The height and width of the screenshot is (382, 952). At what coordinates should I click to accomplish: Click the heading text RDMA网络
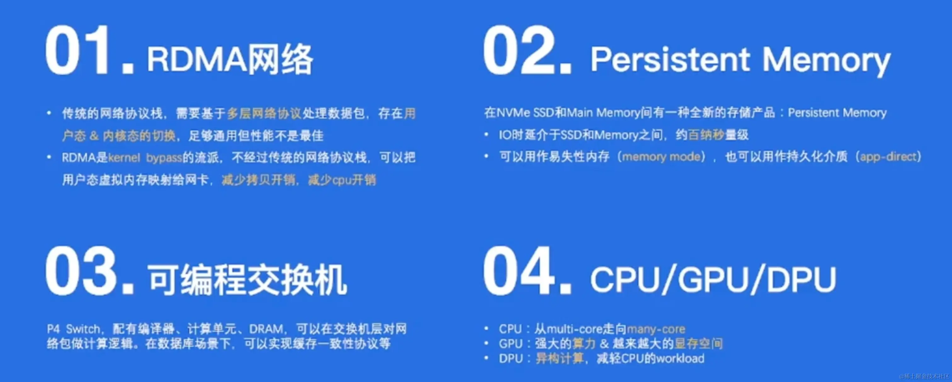click(x=230, y=59)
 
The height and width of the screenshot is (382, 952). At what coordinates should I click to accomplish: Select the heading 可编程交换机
click(x=247, y=280)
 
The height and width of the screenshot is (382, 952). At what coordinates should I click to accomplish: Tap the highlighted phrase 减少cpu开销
click(x=342, y=180)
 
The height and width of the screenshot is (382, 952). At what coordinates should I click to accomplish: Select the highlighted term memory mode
click(x=661, y=157)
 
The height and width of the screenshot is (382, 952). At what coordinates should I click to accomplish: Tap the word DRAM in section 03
click(x=266, y=329)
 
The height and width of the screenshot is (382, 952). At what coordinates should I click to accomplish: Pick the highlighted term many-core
click(x=656, y=329)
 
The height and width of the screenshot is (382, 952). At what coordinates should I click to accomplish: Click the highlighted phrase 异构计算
click(x=559, y=358)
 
